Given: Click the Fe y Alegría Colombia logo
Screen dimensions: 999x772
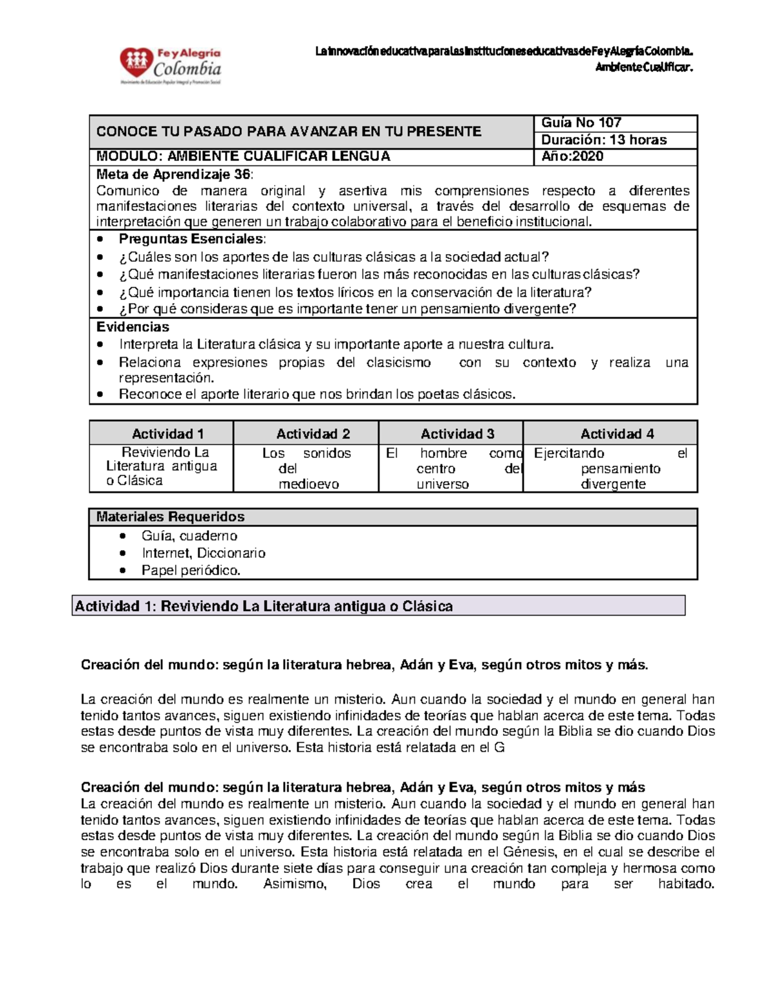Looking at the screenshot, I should (x=170, y=66).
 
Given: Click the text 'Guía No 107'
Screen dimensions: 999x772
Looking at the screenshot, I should (x=581, y=123).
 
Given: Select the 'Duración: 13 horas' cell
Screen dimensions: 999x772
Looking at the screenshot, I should (x=603, y=140).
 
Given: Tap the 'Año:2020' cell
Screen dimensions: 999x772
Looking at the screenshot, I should (x=572, y=156).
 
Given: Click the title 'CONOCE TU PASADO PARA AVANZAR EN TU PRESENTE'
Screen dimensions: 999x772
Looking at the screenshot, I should (x=288, y=132).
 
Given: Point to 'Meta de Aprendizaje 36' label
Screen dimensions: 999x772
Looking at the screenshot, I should (x=174, y=174).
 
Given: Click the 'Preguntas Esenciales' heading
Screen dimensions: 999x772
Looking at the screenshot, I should (x=191, y=239).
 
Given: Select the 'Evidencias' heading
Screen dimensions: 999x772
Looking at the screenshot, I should (x=133, y=327).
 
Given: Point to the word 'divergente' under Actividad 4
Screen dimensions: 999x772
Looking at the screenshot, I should (x=612, y=484).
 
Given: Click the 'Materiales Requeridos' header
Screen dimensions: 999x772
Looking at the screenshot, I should (x=170, y=517).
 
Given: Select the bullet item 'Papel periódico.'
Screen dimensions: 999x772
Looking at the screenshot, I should (x=190, y=571).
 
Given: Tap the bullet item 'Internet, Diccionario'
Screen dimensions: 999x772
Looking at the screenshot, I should (x=203, y=553).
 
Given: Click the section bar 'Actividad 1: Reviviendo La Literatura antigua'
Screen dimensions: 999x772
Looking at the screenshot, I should (x=264, y=607).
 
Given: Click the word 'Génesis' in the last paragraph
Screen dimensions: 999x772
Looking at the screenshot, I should (x=529, y=852).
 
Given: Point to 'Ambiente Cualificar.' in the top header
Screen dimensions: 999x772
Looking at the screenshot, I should (x=644, y=68).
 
